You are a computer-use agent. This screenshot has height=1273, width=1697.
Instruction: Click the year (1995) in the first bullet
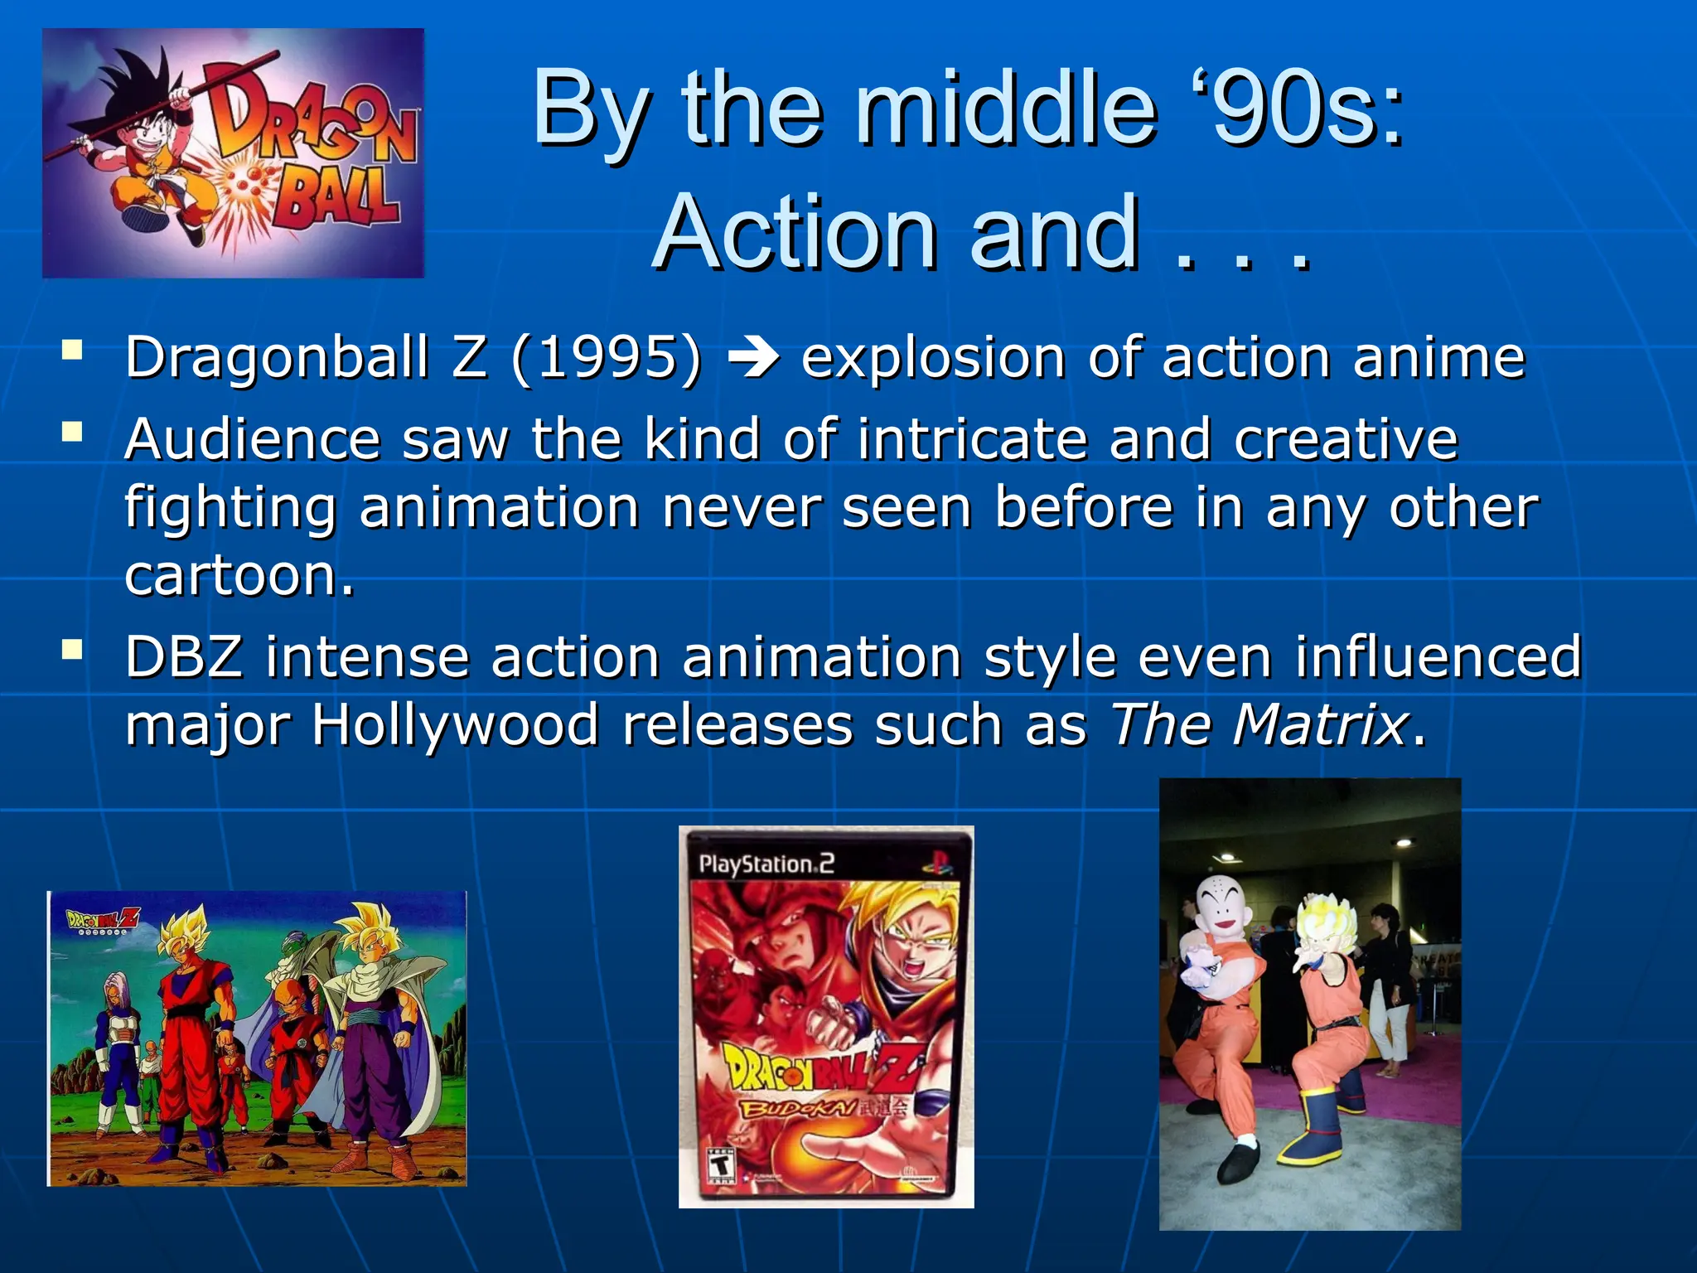pos(607,358)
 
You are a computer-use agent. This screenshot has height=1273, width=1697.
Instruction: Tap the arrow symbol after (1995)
pos(752,358)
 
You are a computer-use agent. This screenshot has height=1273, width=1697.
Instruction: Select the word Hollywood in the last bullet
pos(455,724)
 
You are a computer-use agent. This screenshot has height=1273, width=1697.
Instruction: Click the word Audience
pos(252,438)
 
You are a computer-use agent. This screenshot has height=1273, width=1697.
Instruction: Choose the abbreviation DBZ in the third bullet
pos(184,656)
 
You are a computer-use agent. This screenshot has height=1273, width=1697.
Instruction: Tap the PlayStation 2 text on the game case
pos(766,864)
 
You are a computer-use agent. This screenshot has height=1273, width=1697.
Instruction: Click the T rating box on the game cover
pos(722,1164)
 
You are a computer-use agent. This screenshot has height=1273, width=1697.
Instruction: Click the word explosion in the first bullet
pos(933,358)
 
